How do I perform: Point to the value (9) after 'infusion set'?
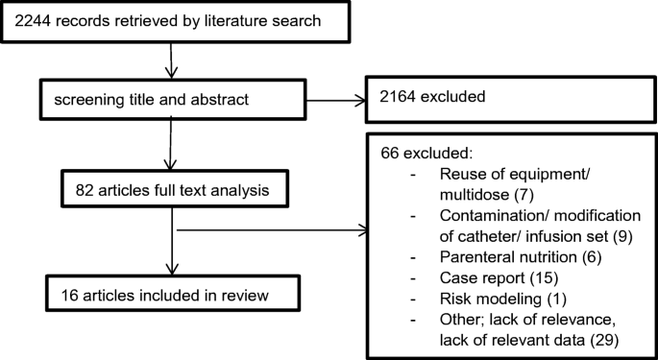[x=605, y=237]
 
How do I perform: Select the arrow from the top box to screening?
[x=171, y=62]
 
